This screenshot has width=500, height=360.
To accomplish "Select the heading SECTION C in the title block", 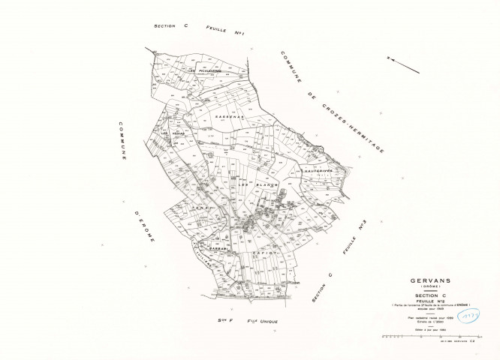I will (x=431, y=297).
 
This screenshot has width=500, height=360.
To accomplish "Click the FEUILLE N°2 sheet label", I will (x=431, y=303).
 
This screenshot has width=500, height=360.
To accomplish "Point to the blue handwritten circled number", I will (x=472, y=316).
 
